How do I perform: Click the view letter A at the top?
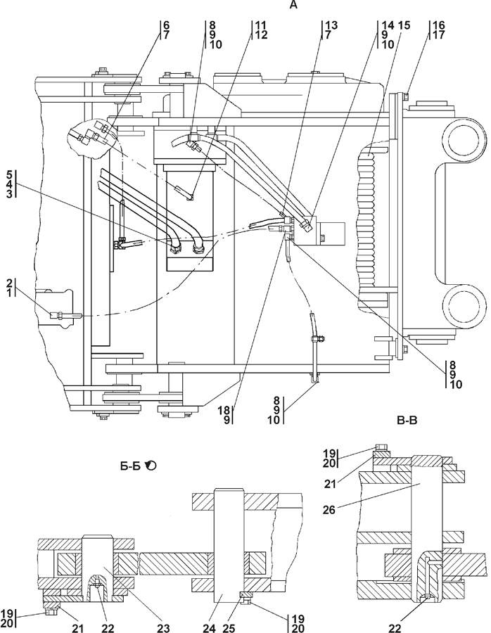coord(293,5)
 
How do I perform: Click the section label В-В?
coord(407,421)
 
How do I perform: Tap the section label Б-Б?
coord(130,466)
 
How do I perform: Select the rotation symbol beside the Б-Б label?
coord(151,466)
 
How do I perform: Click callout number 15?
coord(404,25)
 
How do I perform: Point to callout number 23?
coord(163,628)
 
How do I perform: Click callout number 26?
coord(329,510)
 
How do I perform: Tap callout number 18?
coord(224,411)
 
